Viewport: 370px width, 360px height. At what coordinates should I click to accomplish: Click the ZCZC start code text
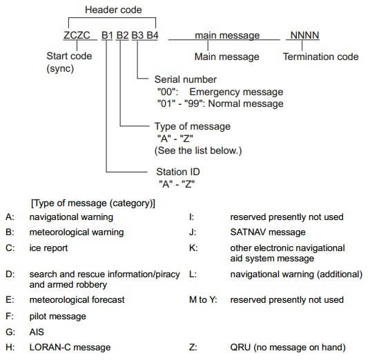(x=77, y=35)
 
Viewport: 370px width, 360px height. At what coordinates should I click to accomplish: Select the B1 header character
(x=108, y=35)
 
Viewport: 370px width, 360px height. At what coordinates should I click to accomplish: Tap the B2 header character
(x=122, y=35)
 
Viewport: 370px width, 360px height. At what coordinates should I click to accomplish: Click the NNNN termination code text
(x=304, y=35)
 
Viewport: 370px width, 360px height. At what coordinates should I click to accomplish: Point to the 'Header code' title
(x=113, y=10)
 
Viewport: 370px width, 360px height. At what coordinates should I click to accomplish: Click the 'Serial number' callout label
(x=186, y=79)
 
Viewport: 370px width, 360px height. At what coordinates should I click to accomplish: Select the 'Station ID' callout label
(x=178, y=172)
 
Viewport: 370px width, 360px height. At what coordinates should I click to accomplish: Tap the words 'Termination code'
(x=321, y=57)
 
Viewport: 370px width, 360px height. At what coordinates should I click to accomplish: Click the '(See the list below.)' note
(x=198, y=150)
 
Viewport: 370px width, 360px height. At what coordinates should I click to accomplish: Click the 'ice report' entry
(x=48, y=248)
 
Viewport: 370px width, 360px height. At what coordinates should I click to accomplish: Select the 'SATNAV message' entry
(x=268, y=232)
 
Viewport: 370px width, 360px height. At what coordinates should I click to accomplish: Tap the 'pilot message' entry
(x=57, y=317)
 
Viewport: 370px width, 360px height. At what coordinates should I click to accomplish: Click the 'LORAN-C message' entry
(x=70, y=348)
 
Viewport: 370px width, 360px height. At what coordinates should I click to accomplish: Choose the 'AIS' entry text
(x=37, y=332)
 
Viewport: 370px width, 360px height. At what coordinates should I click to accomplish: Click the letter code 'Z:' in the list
(x=193, y=348)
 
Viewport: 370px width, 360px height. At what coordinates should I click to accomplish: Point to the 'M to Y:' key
(x=203, y=300)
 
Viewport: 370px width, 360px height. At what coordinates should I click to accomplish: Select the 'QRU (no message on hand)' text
(x=288, y=348)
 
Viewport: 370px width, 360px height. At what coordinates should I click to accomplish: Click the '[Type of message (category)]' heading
(x=93, y=203)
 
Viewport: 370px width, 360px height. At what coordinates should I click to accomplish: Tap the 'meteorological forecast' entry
(x=77, y=300)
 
